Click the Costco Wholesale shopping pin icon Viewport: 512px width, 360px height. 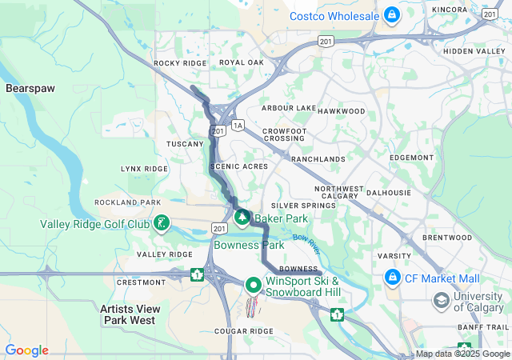click(392, 15)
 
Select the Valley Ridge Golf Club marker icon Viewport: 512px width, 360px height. click(162, 223)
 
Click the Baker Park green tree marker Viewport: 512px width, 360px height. click(242, 217)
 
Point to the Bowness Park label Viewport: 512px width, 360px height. click(249, 245)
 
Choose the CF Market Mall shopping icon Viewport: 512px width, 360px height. click(392, 278)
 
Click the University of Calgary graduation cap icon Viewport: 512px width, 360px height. click(440, 300)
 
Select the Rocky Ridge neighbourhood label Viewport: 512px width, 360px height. click(180, 63)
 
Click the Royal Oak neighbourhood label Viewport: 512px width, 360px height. click(241, 63)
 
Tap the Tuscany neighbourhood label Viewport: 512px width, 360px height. click(185, 144)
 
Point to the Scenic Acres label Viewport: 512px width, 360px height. click(238, 166)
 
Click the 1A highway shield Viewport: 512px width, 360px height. click(237, 126)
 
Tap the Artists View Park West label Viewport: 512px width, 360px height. click(130, 314)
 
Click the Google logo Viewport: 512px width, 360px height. click(26, 350)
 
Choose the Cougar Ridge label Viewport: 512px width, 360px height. click(245, 330)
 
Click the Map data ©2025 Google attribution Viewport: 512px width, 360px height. click(462, 354)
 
